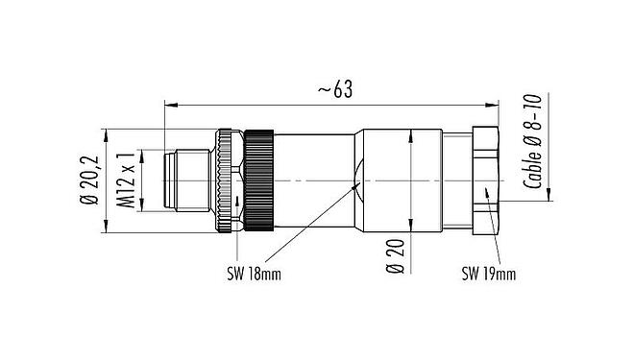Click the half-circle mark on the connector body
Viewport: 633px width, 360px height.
[x=358, y=180]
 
